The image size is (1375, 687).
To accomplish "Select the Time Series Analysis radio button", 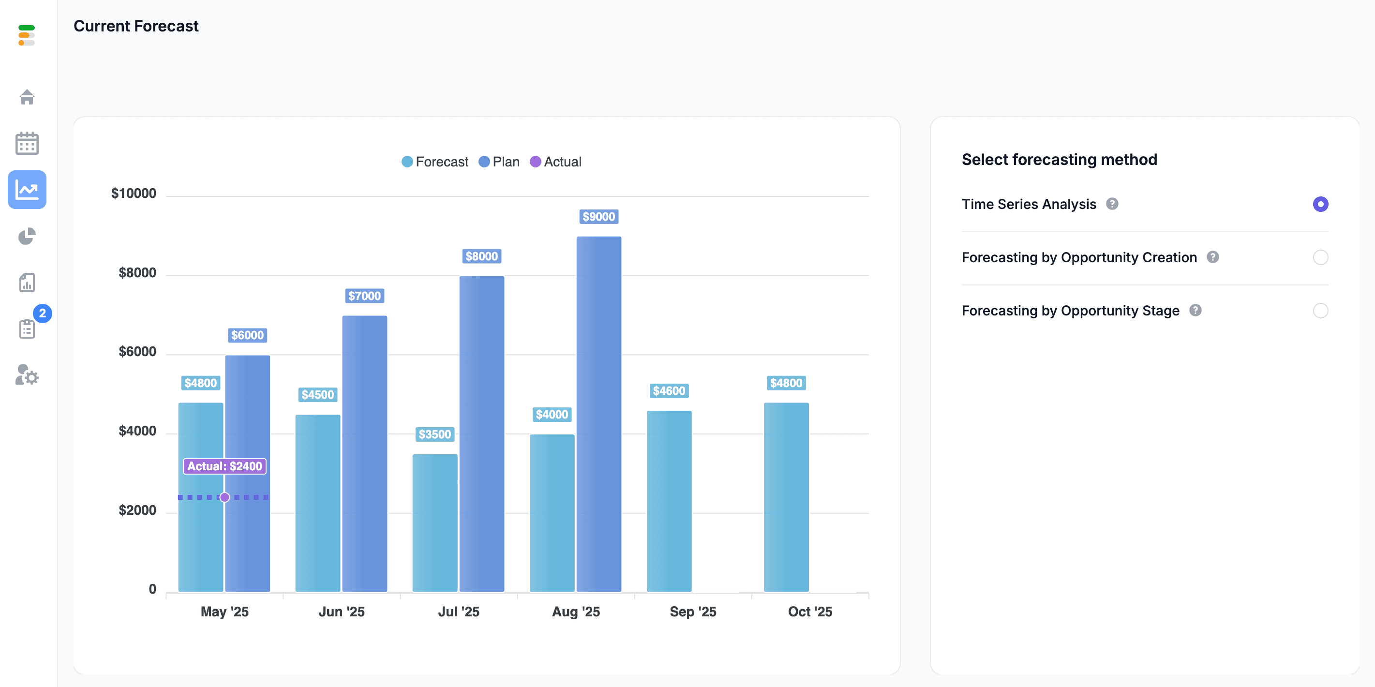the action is [x=1320, y=204].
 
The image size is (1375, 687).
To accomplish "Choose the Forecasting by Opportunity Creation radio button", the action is [x=1320, y=257].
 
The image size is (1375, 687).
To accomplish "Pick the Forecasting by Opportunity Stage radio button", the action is [x=1320, y=311].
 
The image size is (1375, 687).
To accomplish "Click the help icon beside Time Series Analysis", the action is [x=1112, y=204].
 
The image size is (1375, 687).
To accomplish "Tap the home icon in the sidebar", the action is [x=27, y=97].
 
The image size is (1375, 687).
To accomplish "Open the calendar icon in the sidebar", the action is [x=27, y=143].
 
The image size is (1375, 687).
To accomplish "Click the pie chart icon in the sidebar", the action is [x=27, y=236].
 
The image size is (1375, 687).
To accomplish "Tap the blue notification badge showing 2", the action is [x=43, y=314].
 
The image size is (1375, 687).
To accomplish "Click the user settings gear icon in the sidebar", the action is [x=27, y=375].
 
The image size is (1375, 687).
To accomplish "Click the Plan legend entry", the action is [x=499, y=162].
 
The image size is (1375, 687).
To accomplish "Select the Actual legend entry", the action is [x=555, y=162].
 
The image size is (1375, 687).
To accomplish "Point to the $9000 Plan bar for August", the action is [x=599, y=414].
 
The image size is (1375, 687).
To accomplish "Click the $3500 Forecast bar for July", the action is [x=435, y=523].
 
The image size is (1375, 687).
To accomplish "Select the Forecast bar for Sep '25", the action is [x=669, y=501].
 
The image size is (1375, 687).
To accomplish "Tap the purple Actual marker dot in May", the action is [x=224, y=497].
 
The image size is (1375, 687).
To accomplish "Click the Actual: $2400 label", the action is [x=224, y=466].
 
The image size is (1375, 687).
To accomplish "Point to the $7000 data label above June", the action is [x=365, y=296].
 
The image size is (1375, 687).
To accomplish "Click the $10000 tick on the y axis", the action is [x=134, y=193].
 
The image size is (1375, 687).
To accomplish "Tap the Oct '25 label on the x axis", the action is [x=810, y=612].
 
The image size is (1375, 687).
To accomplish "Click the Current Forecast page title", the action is [x=136, y=26].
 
